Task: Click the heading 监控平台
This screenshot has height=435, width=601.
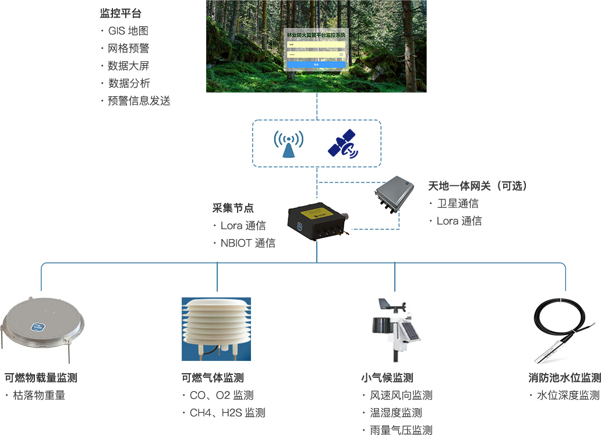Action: [121, 13]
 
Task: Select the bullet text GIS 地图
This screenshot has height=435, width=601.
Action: [128, 31]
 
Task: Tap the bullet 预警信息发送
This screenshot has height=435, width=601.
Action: [139, 101]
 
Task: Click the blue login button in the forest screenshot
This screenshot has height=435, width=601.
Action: [316, 64]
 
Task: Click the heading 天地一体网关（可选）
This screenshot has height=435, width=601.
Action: [478, 186]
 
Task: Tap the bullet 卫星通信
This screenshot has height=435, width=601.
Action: [458, 204]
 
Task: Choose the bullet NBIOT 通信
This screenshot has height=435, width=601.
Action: [248, 243]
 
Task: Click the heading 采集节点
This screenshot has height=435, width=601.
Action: [233, 208]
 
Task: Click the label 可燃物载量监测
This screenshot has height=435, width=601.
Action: [41, 378]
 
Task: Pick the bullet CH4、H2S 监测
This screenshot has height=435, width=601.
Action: [227, 413]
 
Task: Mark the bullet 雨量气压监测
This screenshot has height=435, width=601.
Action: [401, 430]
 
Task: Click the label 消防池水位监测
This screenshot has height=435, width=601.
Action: [561, 378]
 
